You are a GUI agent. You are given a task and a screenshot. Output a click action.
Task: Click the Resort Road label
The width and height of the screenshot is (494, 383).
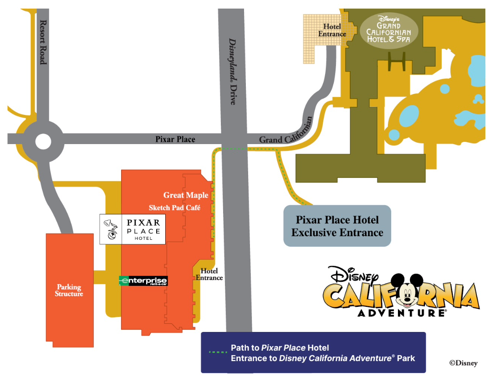43,42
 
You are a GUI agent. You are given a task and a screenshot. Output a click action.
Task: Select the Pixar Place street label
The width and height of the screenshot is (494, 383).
175,139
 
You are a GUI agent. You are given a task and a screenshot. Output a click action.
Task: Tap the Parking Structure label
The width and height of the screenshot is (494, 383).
69,290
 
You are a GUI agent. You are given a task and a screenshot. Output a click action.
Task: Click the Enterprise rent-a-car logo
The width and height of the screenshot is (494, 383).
143,281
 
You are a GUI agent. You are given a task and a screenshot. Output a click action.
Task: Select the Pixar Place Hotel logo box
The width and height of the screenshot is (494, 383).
132,229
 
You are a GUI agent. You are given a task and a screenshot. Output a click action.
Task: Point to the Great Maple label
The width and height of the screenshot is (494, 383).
186,195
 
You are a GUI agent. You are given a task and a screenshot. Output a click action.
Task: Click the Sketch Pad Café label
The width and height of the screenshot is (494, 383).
174,208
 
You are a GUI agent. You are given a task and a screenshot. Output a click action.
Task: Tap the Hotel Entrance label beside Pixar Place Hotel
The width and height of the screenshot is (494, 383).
209,274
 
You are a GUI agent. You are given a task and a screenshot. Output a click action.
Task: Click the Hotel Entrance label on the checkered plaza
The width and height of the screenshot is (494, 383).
332,30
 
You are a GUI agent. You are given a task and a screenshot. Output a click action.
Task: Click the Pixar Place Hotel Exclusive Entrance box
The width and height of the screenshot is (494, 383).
337,226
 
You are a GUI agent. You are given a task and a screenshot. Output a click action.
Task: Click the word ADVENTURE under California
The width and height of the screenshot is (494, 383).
402,313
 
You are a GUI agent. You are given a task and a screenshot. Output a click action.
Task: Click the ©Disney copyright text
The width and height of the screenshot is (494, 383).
463,363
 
